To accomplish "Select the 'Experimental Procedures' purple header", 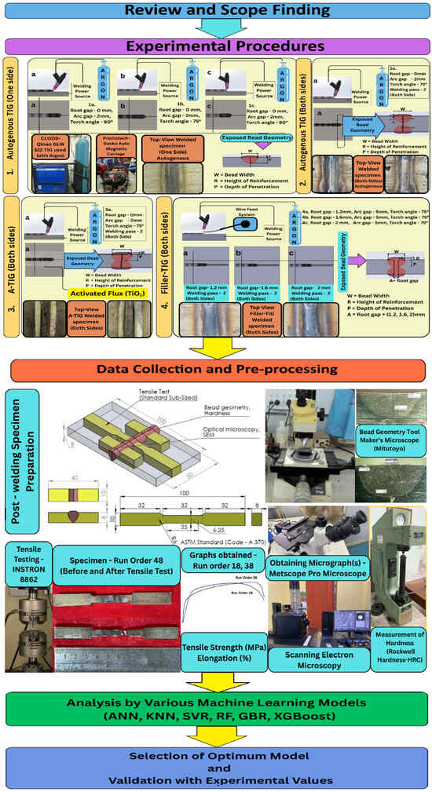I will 215,46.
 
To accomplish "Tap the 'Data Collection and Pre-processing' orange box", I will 215,368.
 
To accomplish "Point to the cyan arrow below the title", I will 215,27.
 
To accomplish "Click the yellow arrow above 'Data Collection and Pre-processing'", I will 215,344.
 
